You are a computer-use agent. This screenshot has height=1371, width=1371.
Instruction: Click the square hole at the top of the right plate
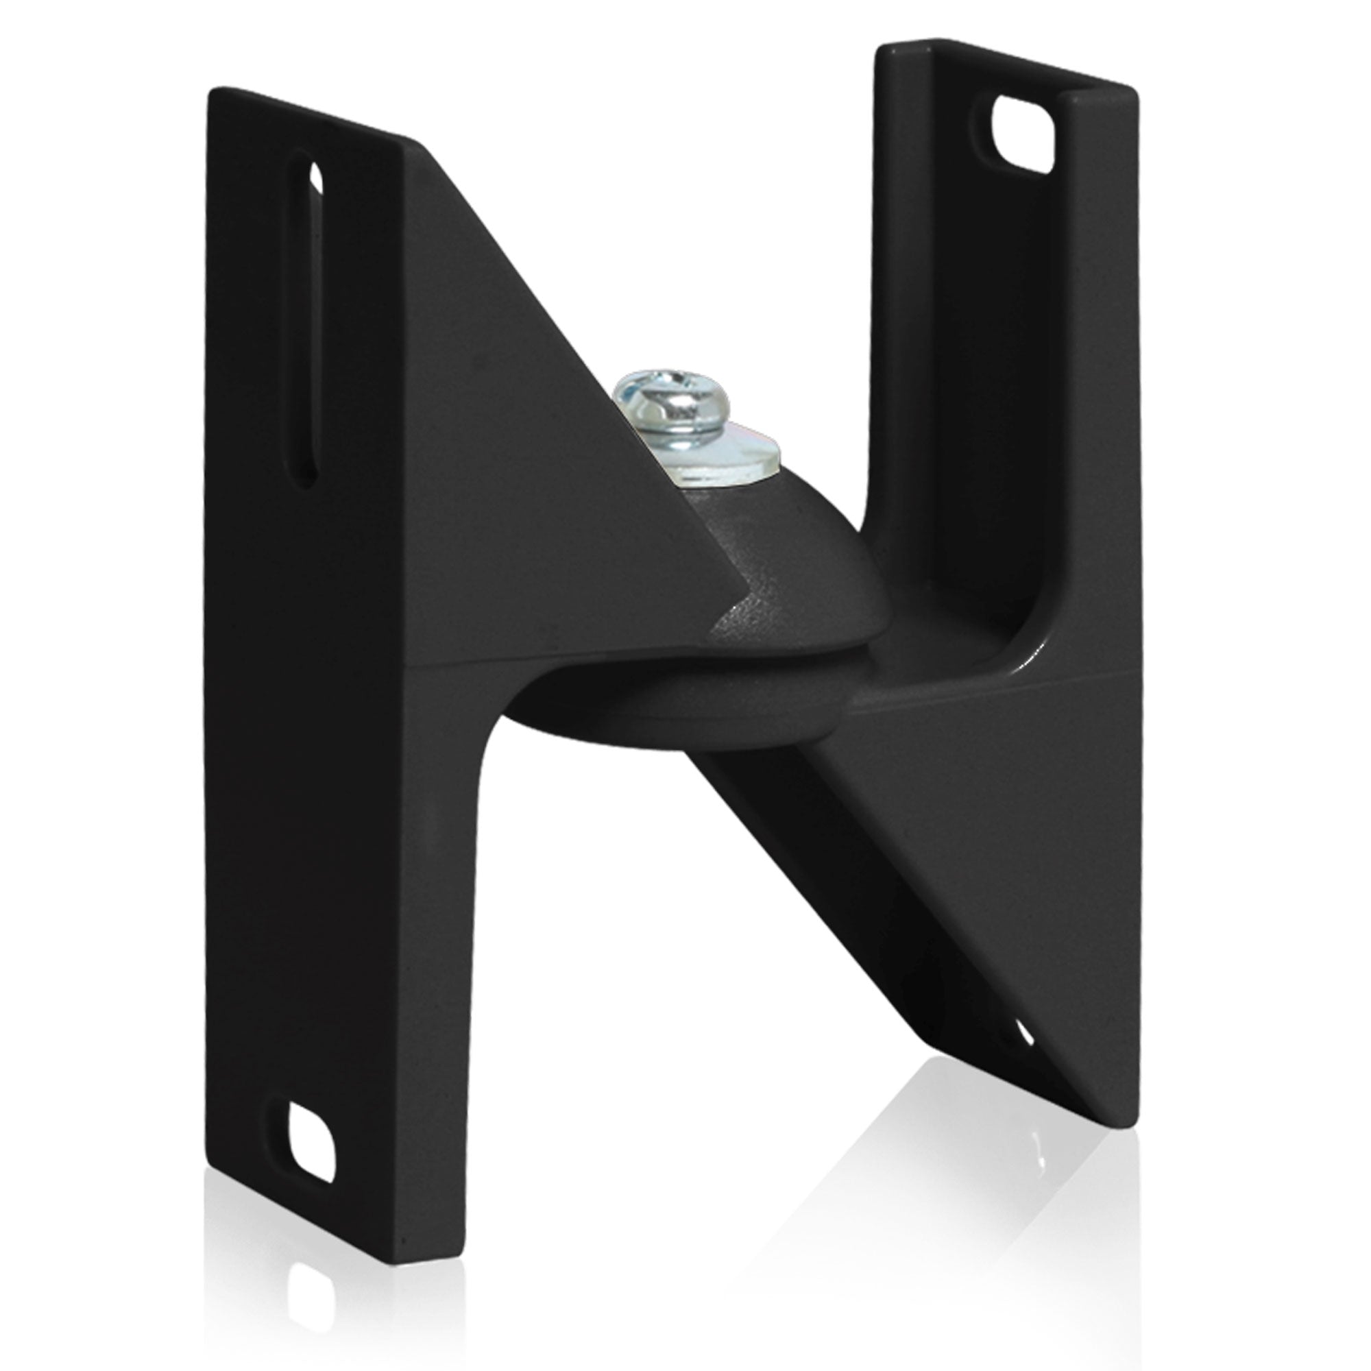point(1023,134)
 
